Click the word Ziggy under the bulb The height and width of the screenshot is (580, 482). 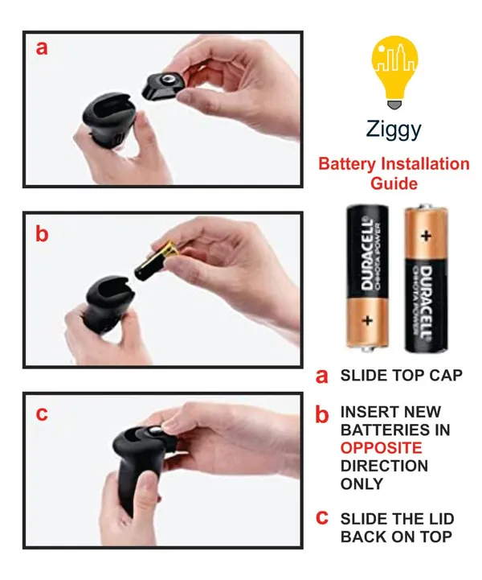[394, 130]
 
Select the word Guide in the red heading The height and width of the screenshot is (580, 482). [394, 183]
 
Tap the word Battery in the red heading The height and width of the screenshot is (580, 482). [346, 164]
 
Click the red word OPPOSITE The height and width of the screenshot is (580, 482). [381, 448]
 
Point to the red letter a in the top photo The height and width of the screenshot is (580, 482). [42, 48]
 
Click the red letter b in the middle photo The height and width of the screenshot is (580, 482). [42, 234]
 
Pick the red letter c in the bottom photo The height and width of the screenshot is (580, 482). [42, 413]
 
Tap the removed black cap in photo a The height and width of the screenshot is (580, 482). [163, 86]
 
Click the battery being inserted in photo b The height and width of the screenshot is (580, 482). [156, 261]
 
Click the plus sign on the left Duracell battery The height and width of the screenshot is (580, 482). [367, 320]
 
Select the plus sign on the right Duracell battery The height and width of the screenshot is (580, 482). [426, 236]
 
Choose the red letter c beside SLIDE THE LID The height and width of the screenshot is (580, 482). [322, 517]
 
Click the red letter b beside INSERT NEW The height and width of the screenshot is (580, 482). [321, 414]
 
